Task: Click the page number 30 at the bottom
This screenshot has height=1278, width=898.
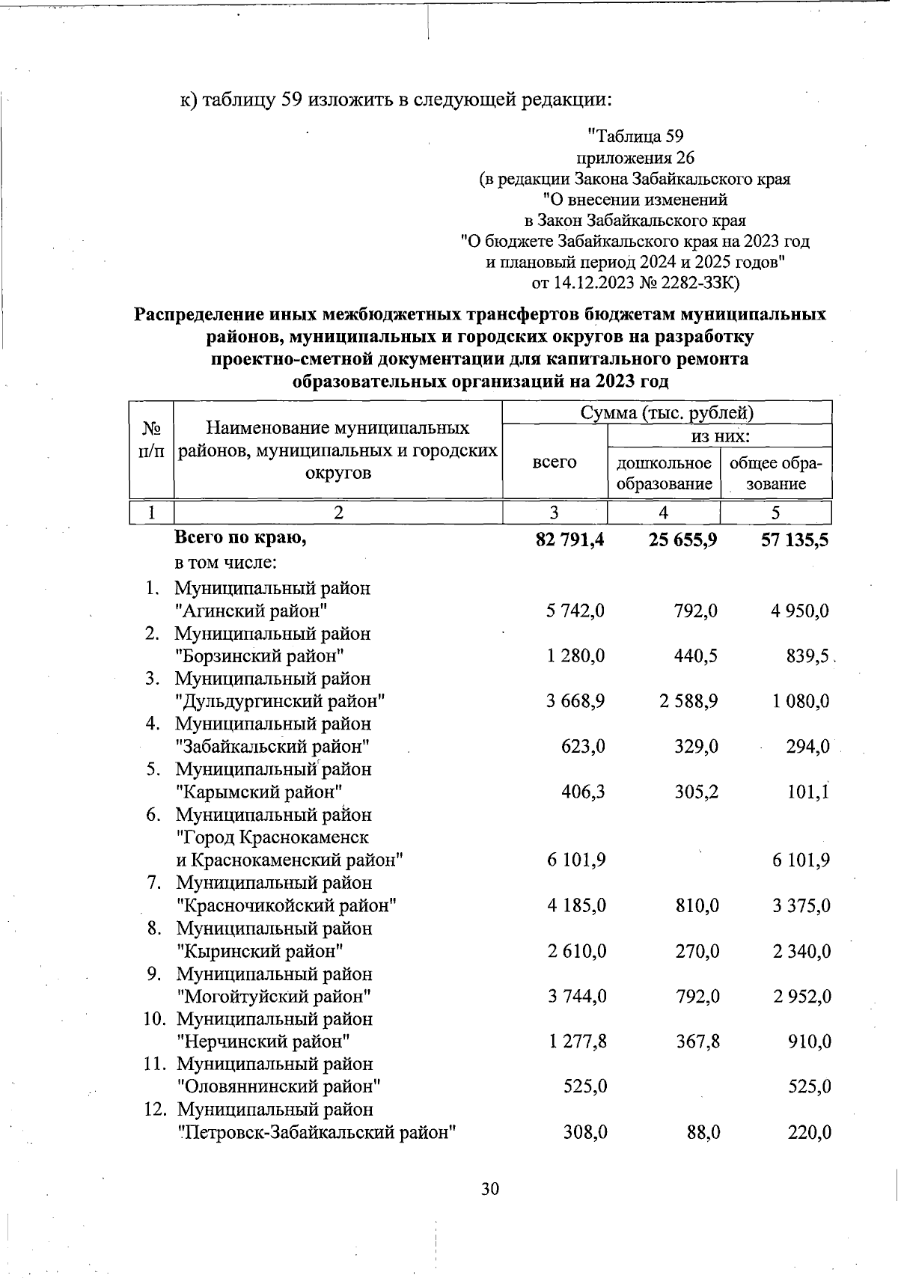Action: (490, 1189)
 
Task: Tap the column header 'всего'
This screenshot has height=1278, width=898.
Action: (555, 462)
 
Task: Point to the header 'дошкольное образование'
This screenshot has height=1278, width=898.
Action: (664, 473)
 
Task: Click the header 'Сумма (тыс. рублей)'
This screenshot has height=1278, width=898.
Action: (667, 412)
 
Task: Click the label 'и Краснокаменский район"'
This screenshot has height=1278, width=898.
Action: (290, 860)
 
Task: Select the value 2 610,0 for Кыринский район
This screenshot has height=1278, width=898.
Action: (576, 952)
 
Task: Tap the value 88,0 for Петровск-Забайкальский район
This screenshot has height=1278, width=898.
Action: (703, 1133)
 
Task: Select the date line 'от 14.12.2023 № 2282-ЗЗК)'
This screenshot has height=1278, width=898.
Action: (635, 283)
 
